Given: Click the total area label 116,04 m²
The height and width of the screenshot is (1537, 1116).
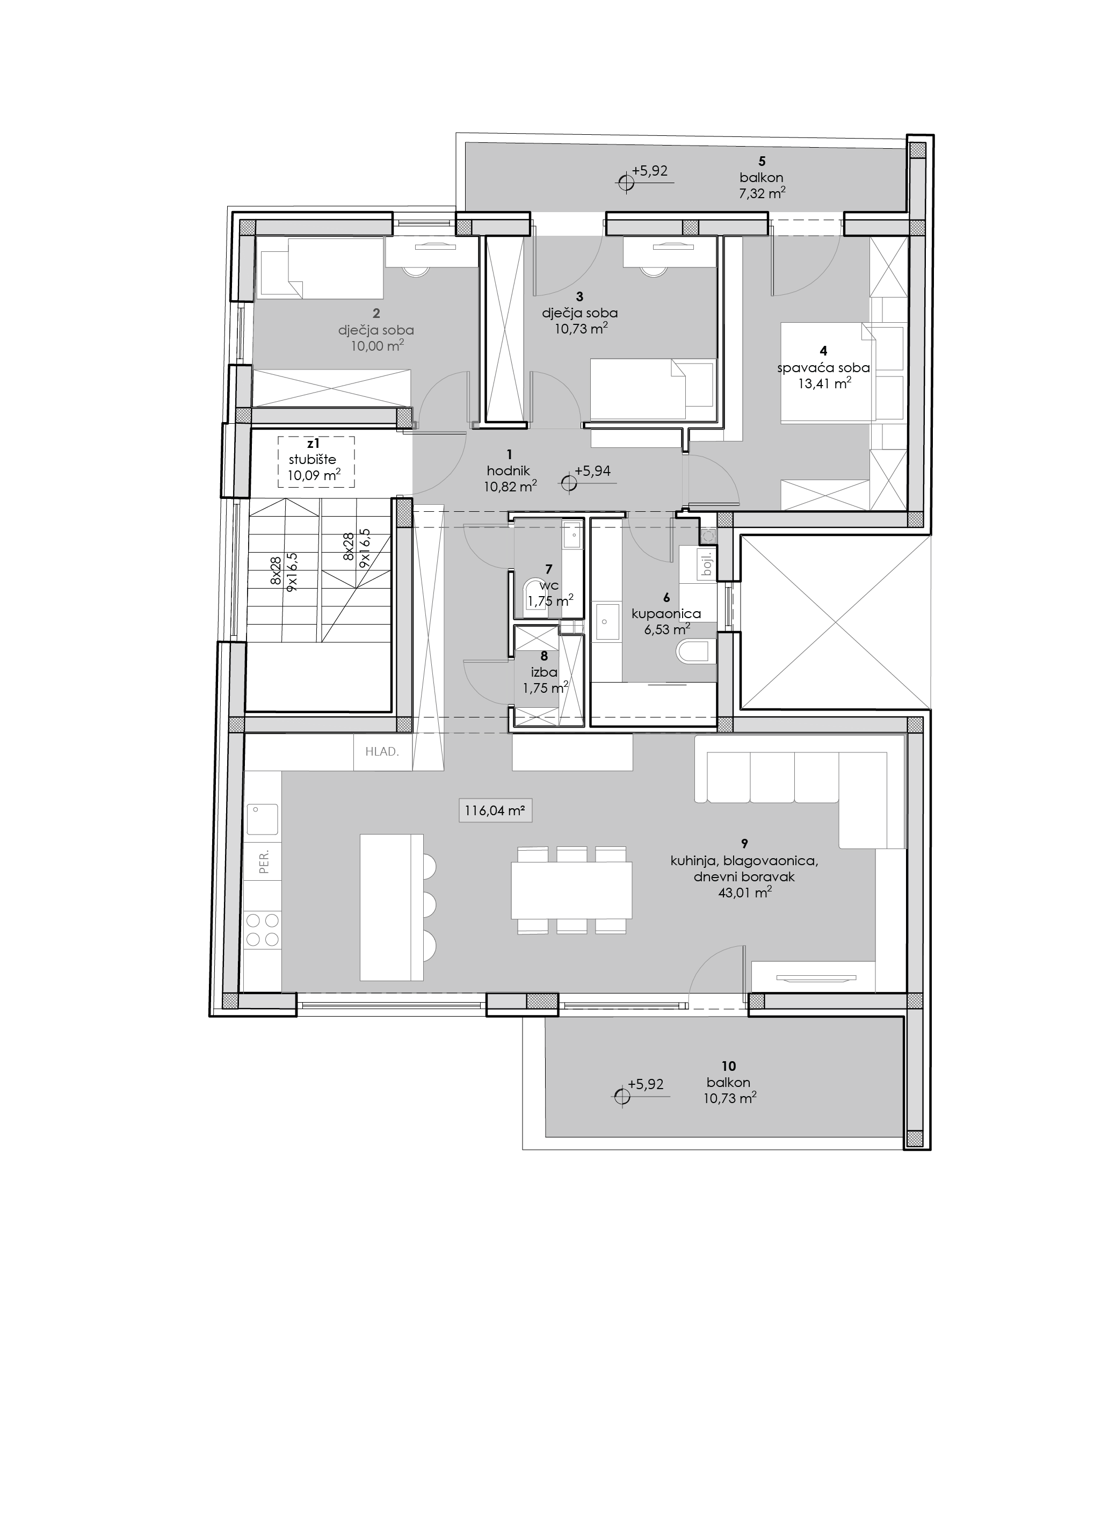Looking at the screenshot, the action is coord(495,810).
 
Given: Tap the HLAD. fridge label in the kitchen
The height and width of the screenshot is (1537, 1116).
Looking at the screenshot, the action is coord(382,751).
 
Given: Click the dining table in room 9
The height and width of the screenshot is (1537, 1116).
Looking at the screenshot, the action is coord(572,889).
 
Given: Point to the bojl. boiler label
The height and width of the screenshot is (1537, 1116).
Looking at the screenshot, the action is coord(708,562).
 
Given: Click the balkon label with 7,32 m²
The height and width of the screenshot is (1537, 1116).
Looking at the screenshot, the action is coord(762,178).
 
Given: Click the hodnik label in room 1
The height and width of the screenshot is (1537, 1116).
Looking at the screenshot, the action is coord(508,470).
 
